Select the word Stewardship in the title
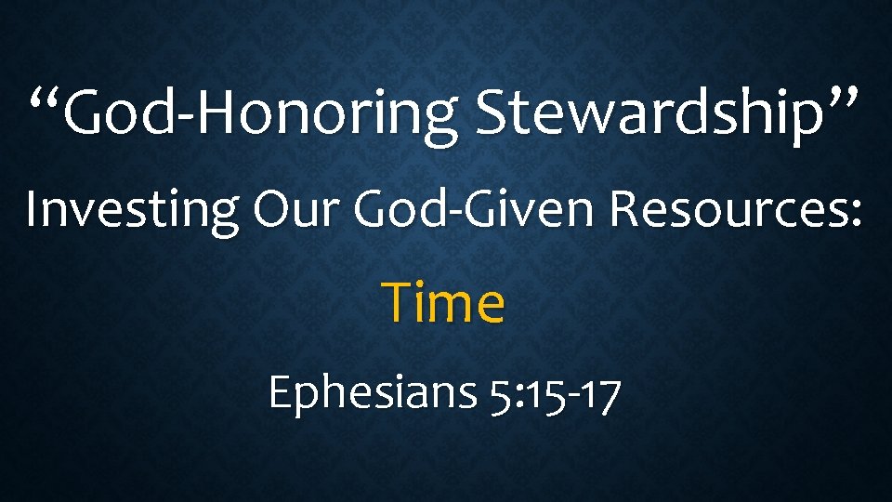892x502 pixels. point(645,115)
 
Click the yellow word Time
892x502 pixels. point(445,303)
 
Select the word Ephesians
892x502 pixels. point(372,393)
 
